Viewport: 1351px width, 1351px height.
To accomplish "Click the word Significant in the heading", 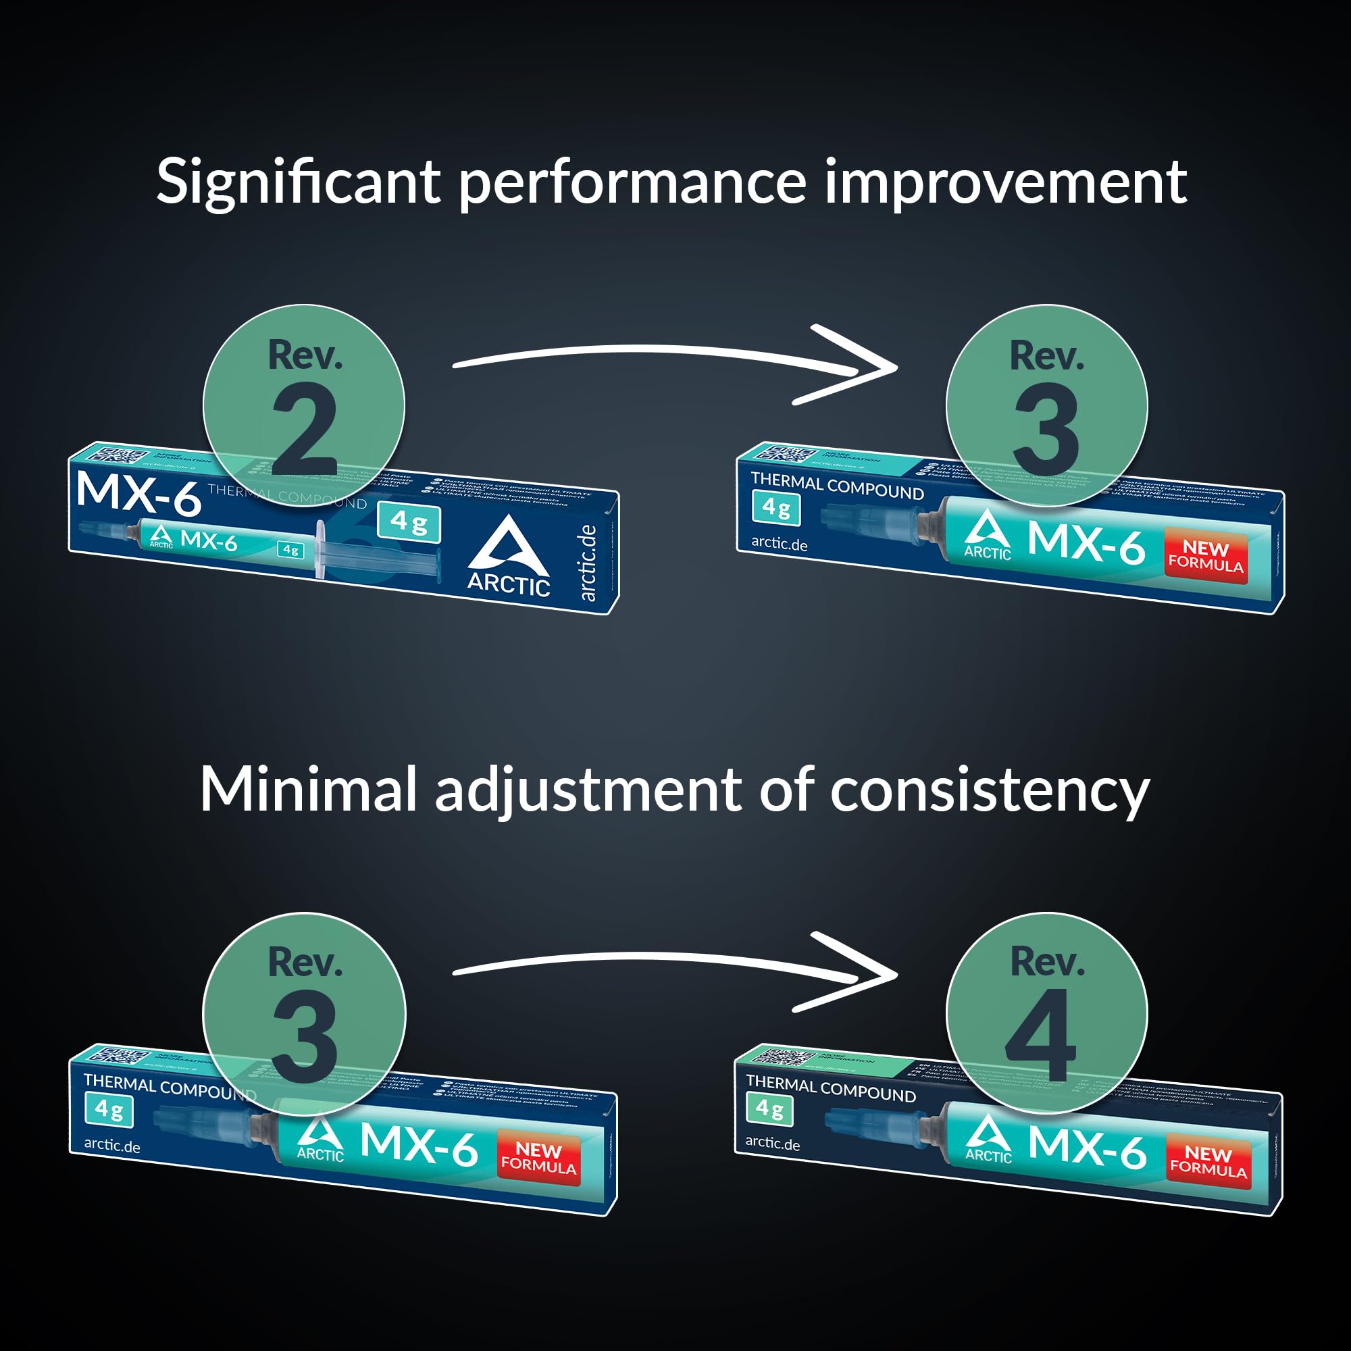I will (298, 183).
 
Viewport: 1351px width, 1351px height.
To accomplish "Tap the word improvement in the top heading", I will (1005, 183).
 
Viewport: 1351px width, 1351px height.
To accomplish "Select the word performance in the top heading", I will (632, 183).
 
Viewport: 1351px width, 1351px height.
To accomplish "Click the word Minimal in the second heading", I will (309, 790).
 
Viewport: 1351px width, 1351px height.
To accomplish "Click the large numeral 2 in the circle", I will (305, 432).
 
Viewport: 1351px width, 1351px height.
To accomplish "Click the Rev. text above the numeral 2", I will (305, 355).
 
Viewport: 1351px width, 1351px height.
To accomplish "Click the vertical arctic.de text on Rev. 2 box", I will (588, 563).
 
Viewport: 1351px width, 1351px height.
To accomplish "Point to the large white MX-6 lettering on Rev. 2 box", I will (138, 494).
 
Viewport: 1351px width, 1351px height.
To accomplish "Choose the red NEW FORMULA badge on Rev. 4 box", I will (1208, 1161).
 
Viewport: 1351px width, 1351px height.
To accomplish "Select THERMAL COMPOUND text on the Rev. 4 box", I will (831, 1089).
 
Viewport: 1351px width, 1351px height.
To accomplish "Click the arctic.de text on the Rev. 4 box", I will (772, 1143).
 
